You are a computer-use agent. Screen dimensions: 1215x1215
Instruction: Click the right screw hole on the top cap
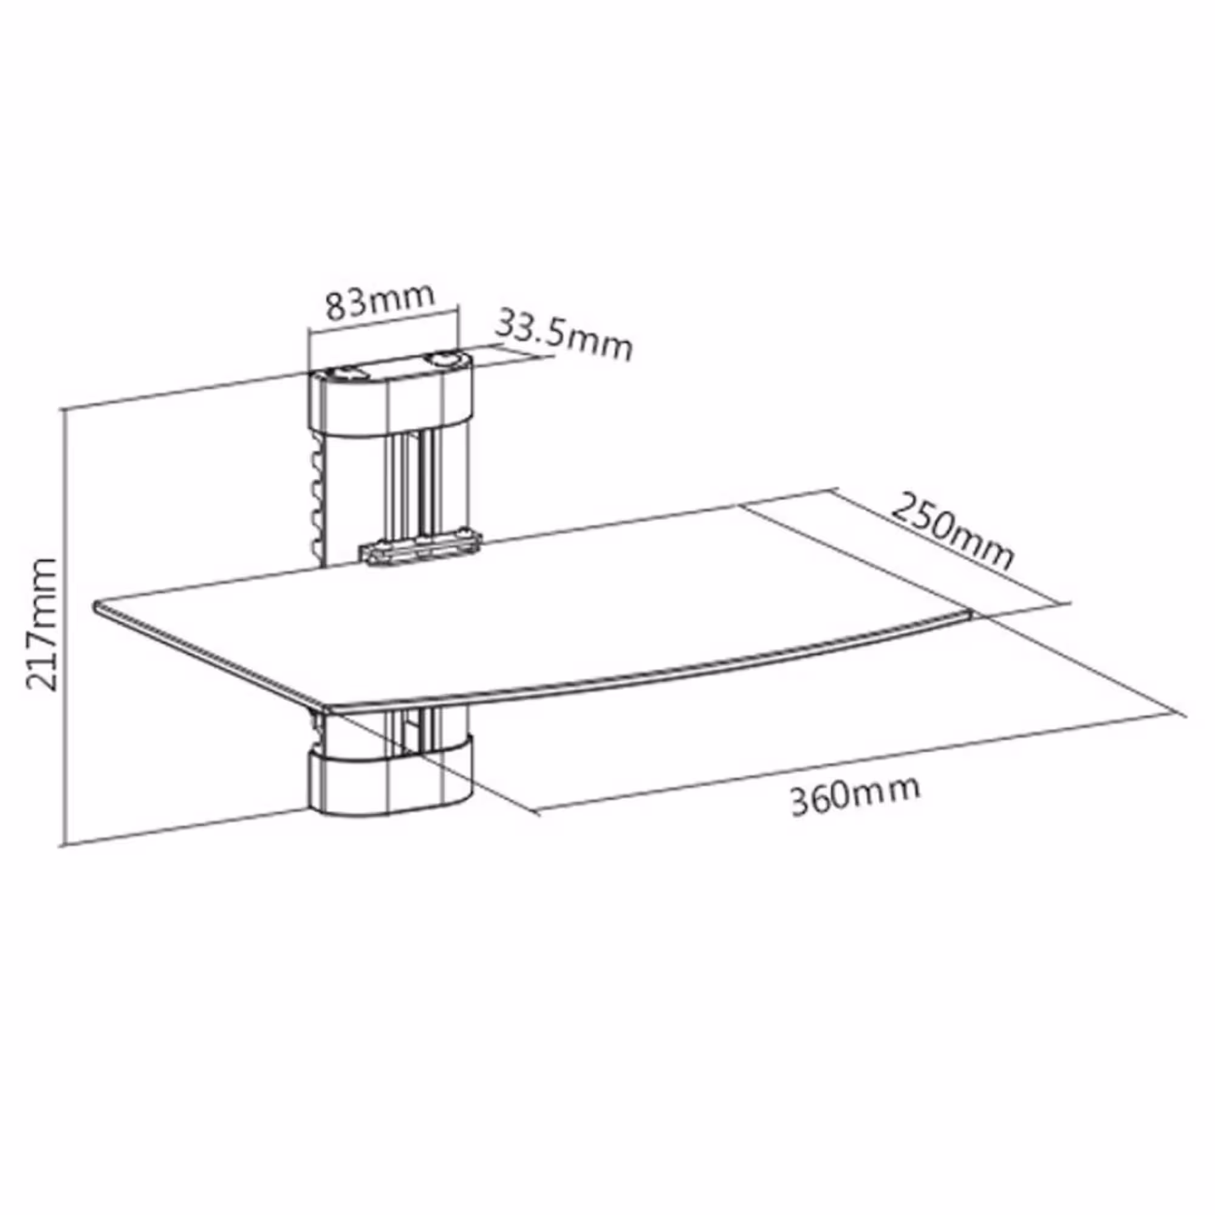(x=445, y=359)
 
